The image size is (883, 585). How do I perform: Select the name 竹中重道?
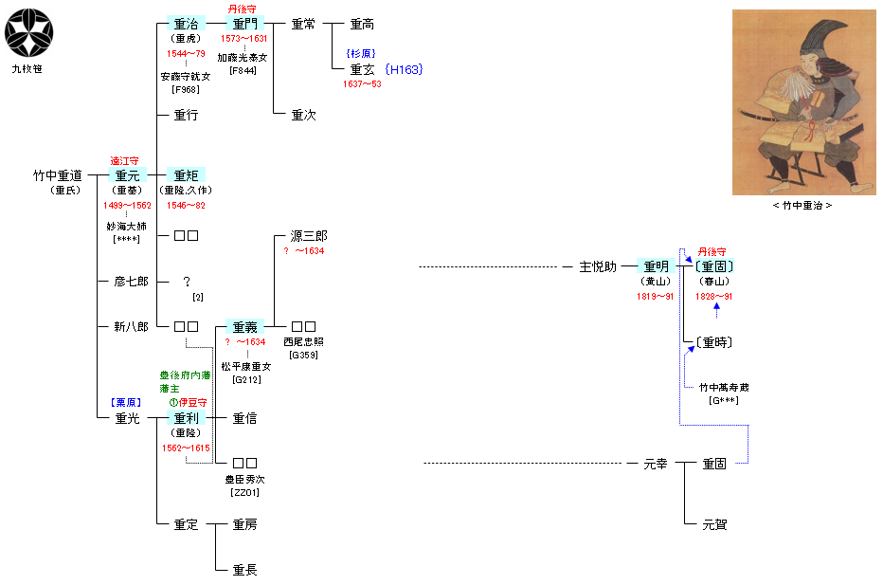point(58,175)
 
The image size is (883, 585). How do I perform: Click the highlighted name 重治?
point(186,24)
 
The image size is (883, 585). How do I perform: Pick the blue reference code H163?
point(405,69)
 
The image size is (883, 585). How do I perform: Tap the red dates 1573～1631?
point(244,39)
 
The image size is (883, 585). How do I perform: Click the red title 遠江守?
point(125,161)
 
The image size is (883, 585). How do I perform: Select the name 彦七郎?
point(131,282)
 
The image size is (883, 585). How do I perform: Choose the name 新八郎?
point(131,327)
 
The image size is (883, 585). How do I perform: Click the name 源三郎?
point(308,236)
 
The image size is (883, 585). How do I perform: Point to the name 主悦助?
point(598,266)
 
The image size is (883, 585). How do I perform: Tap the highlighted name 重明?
point(656,266)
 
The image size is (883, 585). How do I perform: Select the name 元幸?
point(656,464)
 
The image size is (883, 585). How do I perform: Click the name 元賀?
point(714,524)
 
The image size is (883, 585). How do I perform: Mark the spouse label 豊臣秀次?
point(244,479)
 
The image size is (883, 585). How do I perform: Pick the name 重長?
point(244,570)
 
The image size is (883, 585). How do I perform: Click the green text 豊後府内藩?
point(184,375)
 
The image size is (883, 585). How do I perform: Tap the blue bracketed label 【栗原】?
point(125,402)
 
